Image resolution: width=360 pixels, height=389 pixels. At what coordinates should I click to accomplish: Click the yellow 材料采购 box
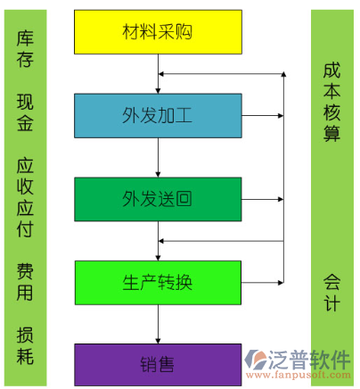click(158, 32)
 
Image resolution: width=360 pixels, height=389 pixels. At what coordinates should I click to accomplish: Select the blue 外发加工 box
click(158, 116)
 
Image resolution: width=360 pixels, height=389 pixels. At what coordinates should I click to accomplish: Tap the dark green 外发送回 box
click(158, 199)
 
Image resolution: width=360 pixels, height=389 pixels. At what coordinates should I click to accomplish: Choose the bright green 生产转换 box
click(158, 283)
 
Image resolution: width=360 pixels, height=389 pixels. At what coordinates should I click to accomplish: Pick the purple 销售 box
click(158, 365)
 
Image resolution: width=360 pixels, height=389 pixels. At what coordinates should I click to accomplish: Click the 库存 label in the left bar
click(25, 48)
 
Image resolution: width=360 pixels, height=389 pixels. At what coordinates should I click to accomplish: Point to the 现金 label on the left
click(25, 112)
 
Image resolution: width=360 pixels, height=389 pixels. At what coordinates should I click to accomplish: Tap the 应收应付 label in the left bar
click(25, 197)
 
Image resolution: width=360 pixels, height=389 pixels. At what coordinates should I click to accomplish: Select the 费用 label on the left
click(25, 282)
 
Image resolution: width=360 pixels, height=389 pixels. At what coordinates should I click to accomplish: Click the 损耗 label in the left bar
click(25, 345)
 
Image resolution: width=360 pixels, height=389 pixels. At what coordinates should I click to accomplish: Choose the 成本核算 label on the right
click(331, 102)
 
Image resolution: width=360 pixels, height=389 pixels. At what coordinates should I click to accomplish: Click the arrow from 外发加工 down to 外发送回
click(158, 158)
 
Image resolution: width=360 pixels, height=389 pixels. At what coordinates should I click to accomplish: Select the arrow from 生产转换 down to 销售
click(158, 325)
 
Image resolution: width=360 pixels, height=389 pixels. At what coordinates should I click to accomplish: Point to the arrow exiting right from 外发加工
click(263, 116)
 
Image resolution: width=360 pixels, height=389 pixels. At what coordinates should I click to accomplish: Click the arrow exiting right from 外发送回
click(263, 199)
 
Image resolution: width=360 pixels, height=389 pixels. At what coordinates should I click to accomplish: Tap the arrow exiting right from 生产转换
click(263, 283)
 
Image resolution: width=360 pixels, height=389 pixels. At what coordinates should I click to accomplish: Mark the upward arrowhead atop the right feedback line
click(283, 74)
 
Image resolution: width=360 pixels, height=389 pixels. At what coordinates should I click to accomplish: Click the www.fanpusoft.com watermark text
click(298, 375)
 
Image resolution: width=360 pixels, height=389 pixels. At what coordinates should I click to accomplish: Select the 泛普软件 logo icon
click(255, 360)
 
